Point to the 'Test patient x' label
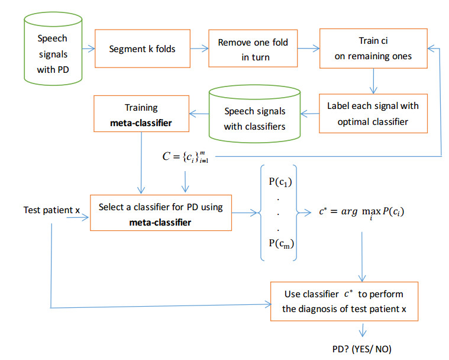click(50, 210)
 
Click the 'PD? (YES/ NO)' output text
click(361, 349)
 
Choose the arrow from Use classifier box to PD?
click(361, 330)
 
